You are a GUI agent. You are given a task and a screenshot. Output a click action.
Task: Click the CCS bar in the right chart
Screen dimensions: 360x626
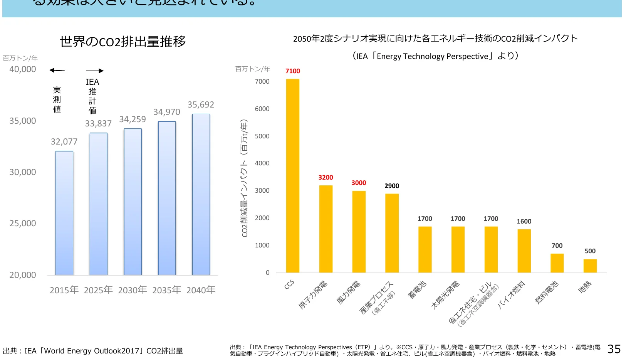pos(292,176)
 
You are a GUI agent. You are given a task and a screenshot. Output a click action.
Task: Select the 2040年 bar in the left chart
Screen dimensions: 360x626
pos(201,194)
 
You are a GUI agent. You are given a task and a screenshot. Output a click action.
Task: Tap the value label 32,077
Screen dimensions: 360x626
pos(64,142)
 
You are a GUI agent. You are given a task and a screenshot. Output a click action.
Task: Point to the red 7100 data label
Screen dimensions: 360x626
pos(292,71)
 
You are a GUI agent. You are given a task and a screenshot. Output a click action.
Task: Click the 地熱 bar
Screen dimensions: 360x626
pos(590,266)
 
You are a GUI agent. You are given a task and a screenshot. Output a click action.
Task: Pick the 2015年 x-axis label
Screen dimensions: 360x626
pos(64,290)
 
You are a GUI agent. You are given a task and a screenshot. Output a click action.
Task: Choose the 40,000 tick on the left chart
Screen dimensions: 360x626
pos(23,69)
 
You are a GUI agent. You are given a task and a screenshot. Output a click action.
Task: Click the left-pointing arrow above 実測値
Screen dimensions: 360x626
pos(57,70)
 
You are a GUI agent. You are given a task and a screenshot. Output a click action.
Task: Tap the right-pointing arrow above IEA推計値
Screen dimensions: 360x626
pos(94,71)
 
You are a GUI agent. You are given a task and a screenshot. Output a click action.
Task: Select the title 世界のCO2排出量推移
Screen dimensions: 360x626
pos(123,42)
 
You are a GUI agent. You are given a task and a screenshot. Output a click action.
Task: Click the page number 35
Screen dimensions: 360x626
pos(614,349)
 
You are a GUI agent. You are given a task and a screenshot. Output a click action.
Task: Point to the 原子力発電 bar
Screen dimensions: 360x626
pos(326,229)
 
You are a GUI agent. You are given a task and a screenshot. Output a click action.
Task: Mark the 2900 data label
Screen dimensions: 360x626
pos(392,186)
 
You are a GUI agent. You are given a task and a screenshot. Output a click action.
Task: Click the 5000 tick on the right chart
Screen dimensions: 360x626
pos(262,136)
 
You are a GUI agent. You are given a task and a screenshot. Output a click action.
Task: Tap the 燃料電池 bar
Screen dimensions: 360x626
pos(557,263)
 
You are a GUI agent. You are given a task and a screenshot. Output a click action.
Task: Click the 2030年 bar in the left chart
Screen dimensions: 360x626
pos(133,202)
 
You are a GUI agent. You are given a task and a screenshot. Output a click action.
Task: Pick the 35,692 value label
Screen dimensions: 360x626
pos(201,105)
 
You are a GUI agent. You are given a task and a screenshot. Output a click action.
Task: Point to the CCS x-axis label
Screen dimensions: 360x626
pos(289,285)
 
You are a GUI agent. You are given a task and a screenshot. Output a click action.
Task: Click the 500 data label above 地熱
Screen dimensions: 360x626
pos(590,251)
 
